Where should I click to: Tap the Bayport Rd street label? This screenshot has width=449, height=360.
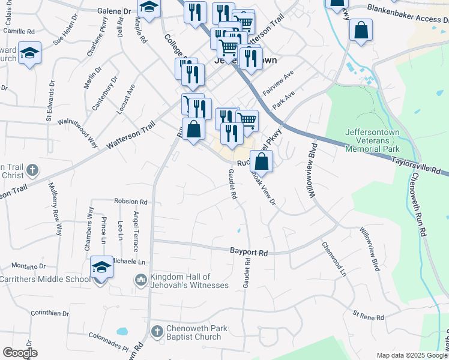(x=249, y=253)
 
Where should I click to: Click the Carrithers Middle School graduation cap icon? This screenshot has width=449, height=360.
(x=102, y=268)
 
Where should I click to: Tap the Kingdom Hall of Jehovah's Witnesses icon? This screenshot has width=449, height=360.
(x=141, y=280)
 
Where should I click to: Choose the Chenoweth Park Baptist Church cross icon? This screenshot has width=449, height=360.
(x=157, y=331)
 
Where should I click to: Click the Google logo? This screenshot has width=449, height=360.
(x=20, y=353)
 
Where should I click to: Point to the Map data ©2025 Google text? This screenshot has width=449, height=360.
(x=411, y=355)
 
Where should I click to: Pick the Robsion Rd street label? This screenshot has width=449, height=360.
(x=130, y=202)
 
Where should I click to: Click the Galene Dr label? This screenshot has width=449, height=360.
(x=114, y=11)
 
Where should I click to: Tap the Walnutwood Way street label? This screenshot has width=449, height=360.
(x=77, y=131)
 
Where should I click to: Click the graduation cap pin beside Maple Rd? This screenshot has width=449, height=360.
(x=149, y=8)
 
